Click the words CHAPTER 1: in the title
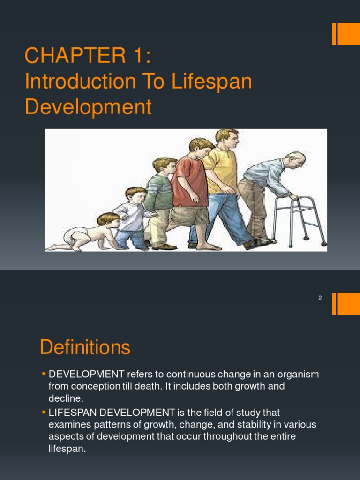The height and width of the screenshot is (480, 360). (x=88, y=56)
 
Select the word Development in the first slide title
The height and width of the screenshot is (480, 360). (x=88, y=107)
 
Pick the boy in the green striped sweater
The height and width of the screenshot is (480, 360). (x=160, y=197)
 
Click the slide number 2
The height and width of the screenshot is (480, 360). (x=320, y=298)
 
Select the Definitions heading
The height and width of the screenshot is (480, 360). (x=85, y=348)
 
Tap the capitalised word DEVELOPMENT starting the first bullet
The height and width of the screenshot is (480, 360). (x=87, y=374)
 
